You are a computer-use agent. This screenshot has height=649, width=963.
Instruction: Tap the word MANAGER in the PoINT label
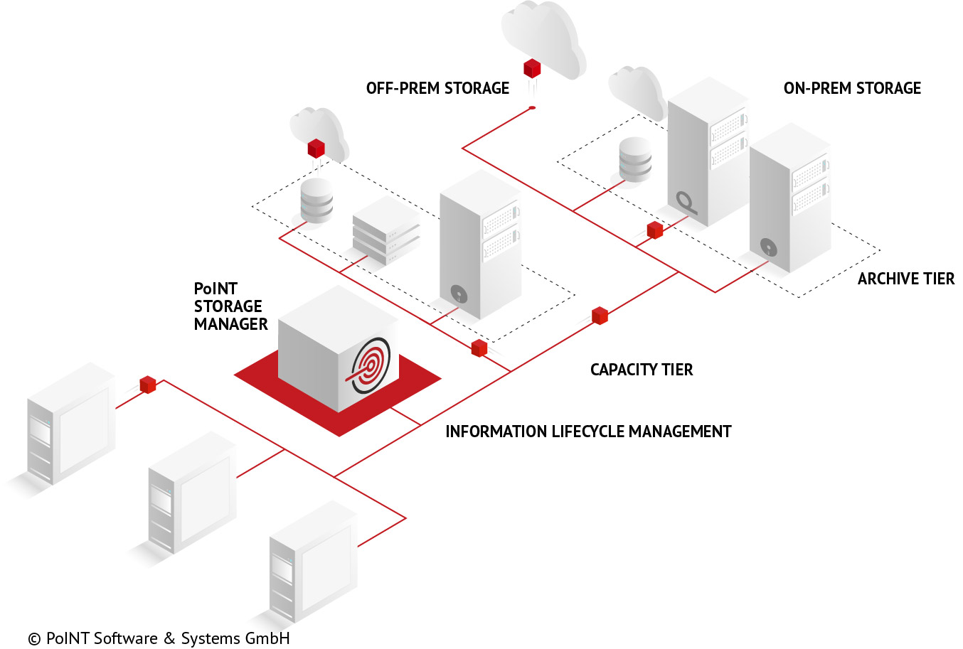[x=230, y=324]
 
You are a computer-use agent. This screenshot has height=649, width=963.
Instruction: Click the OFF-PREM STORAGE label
[x=437, y=88]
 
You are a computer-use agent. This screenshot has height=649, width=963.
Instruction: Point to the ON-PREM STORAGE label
[x=852, y=88]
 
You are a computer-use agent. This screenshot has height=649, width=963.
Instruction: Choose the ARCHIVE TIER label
[x=905, y=279]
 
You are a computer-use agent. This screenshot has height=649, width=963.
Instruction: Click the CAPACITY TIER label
[x=642, y=370]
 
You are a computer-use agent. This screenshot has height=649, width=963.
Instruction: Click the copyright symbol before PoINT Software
[x=34, y=639]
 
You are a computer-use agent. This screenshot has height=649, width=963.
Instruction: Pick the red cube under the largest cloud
[x=532, y=68]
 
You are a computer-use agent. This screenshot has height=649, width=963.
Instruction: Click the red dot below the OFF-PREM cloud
[x=532, y=108]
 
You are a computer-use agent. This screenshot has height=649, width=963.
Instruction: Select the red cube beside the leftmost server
[x=148, y=385]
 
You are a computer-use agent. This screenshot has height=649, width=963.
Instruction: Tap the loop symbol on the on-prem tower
[x=686, y=202]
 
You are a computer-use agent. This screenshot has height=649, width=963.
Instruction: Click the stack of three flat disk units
[x=386, y=232]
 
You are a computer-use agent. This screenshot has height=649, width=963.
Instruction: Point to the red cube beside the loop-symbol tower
[x=655, y=230]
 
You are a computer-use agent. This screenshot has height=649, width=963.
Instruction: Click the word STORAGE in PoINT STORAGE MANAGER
[x=228, y=306]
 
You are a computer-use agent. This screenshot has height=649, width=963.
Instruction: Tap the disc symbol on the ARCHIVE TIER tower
[x=768, y=247]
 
